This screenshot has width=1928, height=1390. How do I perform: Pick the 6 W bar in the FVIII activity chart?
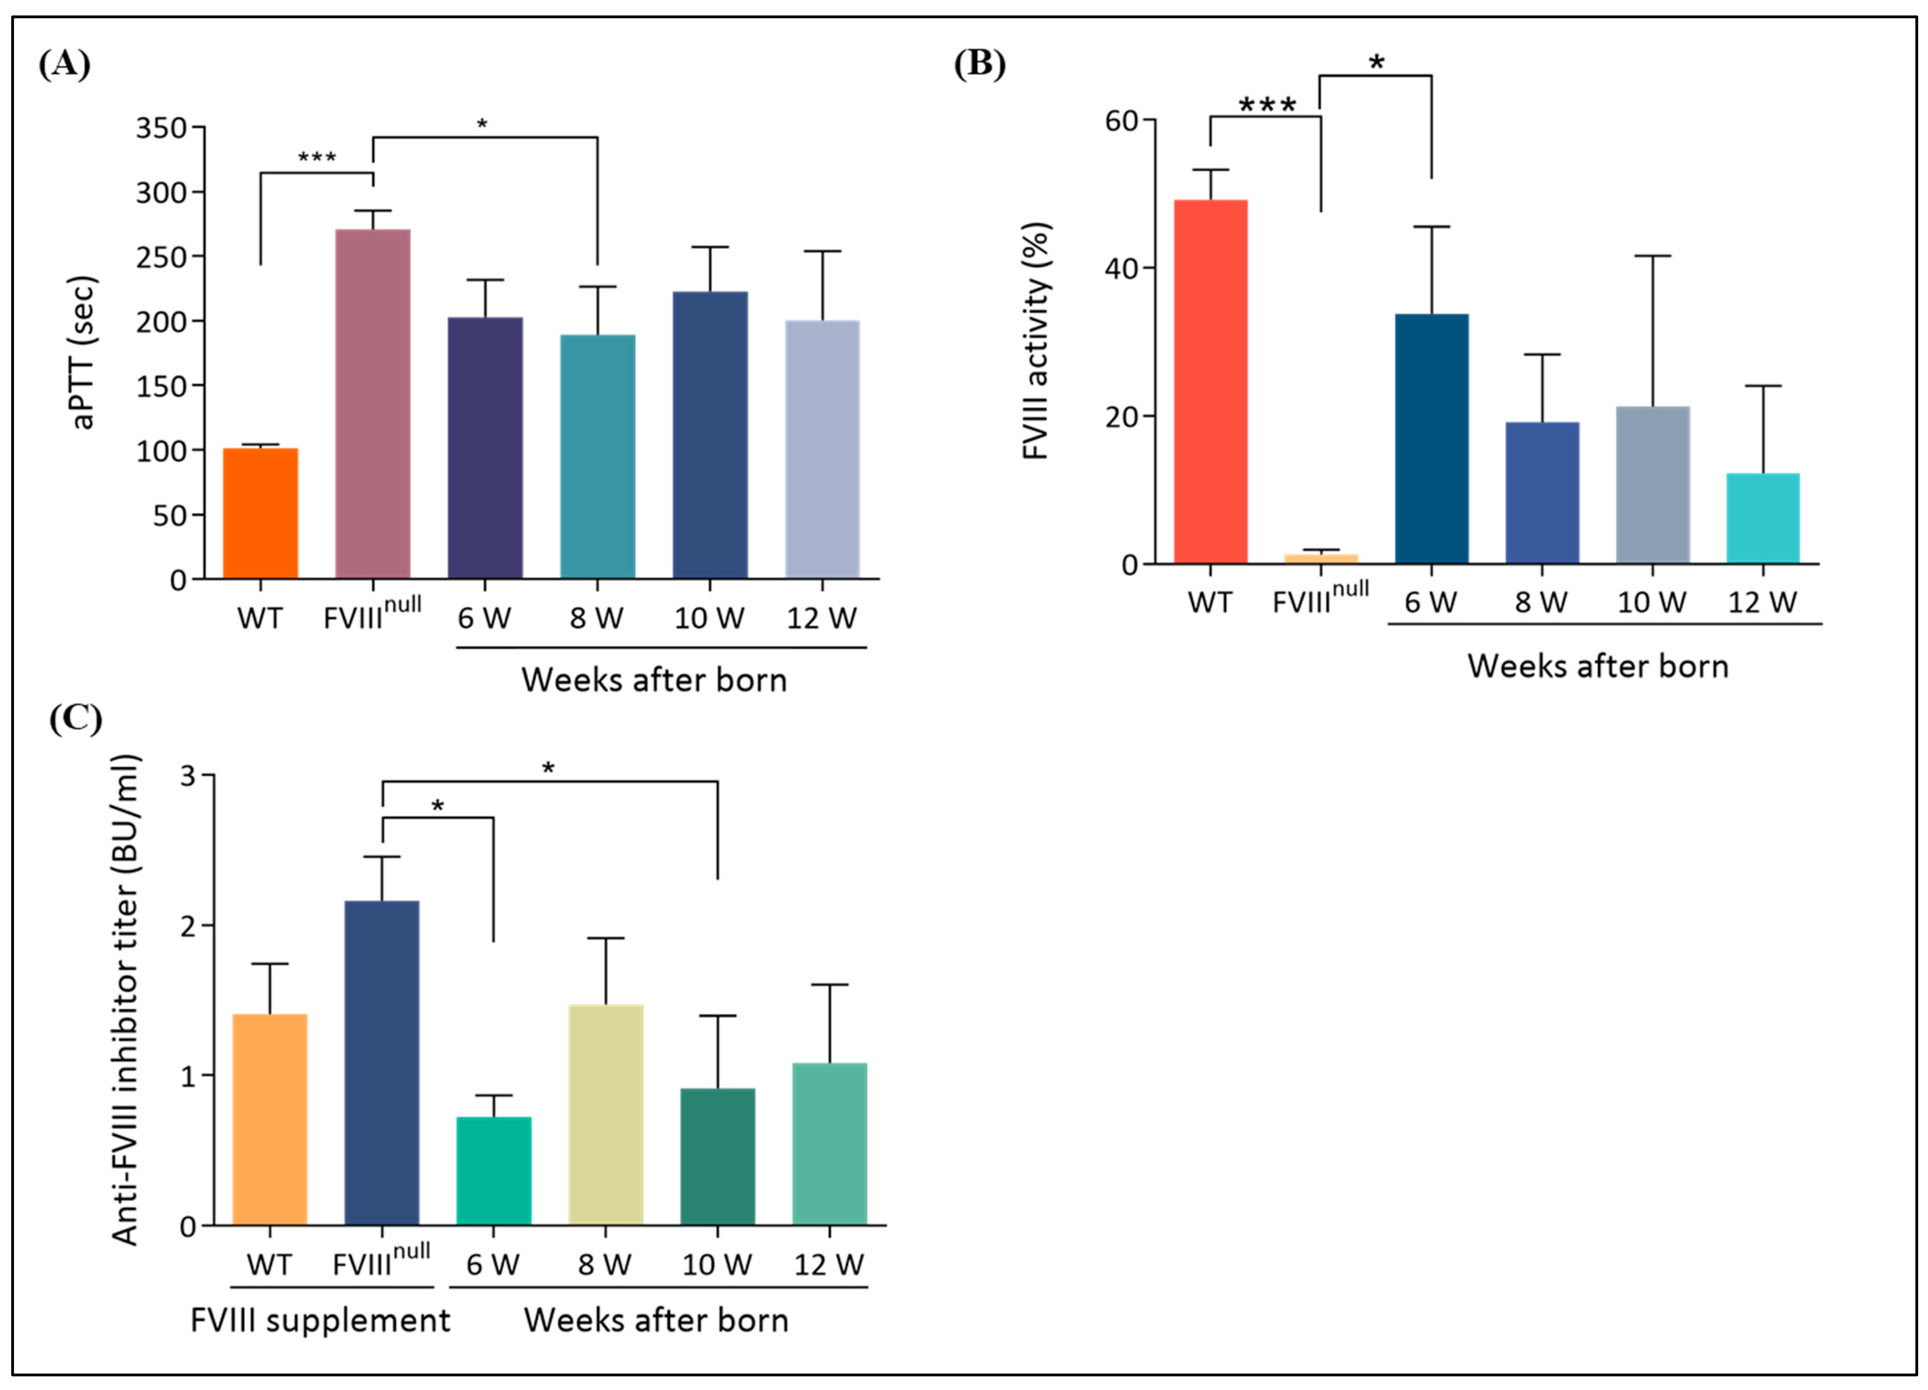[x=1432, y=438]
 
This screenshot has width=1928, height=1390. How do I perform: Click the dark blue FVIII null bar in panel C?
[x=382, y=1063]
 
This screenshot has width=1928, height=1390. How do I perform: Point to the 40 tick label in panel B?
[x=1122, y=269]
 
